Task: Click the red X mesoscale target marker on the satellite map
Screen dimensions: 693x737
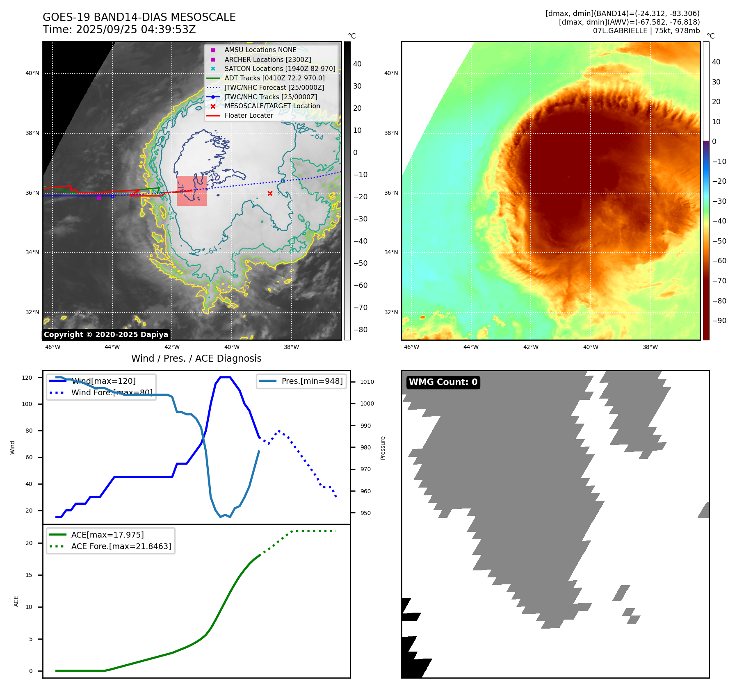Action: pos(270,193)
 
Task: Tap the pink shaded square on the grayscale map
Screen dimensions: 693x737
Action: pos(192,191)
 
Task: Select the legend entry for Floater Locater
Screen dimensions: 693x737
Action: pos(249,116)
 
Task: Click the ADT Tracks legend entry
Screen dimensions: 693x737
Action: pos(274,78)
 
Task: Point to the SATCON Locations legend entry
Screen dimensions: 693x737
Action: pos(280,68)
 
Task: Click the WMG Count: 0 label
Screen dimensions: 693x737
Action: pos(443,382)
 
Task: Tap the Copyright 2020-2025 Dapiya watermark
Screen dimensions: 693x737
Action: pos(106,335)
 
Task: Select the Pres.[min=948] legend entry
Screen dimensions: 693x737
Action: pos(312,381)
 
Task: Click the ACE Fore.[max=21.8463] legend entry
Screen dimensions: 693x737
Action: pos(121,546)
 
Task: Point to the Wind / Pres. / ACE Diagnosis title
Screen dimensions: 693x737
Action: pos(196,358)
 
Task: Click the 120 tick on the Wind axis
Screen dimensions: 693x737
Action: pos(27,378)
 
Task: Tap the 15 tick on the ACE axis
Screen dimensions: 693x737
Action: pos(29,575)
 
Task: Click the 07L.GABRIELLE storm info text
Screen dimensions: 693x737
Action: pos(646,31)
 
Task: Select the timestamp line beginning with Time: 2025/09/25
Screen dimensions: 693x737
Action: pos(119,30)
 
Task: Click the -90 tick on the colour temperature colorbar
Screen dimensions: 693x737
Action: pos(719,321)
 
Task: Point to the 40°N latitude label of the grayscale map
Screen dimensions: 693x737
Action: pos(32,73)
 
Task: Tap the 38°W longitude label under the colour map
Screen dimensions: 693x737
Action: pos(650,347)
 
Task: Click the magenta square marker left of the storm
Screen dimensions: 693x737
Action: pos(99,198)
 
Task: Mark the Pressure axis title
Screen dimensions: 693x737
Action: pos(383,448)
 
